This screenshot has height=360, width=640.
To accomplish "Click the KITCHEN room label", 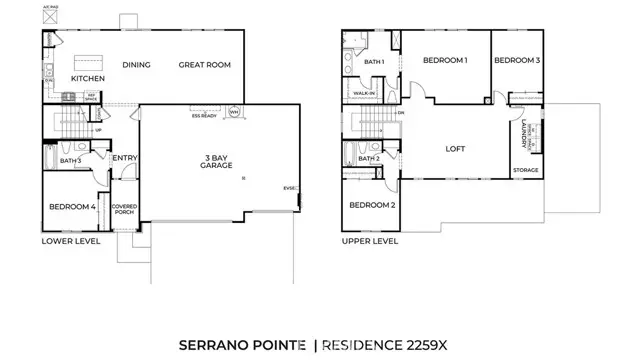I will (88, 78).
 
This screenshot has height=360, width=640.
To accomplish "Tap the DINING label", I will (136, 65).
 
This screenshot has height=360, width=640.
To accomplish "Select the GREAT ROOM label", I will (205, 65).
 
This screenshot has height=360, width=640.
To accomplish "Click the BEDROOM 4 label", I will (72, 207).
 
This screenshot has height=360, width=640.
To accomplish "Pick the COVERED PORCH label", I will (124, 210).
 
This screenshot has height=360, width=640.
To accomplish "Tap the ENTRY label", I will (125, 157).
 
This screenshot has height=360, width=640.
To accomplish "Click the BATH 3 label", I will (70, 160).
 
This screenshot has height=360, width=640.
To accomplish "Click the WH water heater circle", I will (234, 112).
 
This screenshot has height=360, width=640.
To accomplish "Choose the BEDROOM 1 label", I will (445, 61).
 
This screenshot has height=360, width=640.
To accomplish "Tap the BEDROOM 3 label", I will (517, 61).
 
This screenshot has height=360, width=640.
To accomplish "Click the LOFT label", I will (456, 149).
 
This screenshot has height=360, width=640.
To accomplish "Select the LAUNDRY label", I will (525, 134).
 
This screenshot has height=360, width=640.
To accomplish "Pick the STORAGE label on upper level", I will (526, 170).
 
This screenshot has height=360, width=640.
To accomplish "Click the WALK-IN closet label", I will (364, 94).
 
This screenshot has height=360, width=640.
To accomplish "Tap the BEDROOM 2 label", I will (372, 205).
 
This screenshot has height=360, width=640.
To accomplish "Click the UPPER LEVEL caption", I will (369, 241).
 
